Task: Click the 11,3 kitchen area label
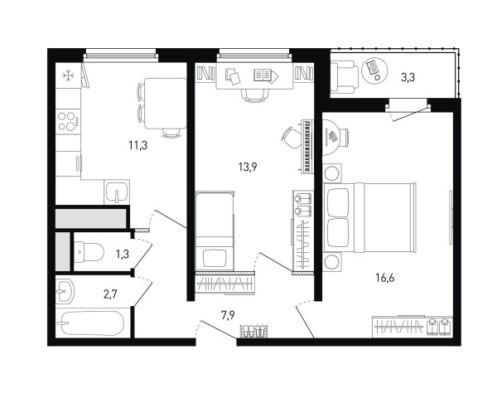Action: click(138, 145)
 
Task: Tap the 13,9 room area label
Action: click(248, 167)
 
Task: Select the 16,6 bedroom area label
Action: click(385, 278)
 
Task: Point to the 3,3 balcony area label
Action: click(408, 77)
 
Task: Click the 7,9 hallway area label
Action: click(228, 315)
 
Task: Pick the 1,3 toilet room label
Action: click(122, 254)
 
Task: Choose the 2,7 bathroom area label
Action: click(110, 294)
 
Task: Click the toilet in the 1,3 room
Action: click(89, 252)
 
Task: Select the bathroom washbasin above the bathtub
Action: click(65, 290)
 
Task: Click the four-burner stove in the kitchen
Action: click(68, 121)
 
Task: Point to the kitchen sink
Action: click(117, 192)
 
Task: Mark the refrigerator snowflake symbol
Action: click(68, 75)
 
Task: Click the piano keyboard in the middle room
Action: click(306, 146)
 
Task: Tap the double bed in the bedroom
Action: click(369, 217)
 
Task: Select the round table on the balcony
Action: click(374, 70)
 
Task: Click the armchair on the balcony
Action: click(344, 77)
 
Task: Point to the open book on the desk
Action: click(266, 75)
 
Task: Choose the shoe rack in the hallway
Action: click(253, 332)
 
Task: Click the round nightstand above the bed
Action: click(332, 173)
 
